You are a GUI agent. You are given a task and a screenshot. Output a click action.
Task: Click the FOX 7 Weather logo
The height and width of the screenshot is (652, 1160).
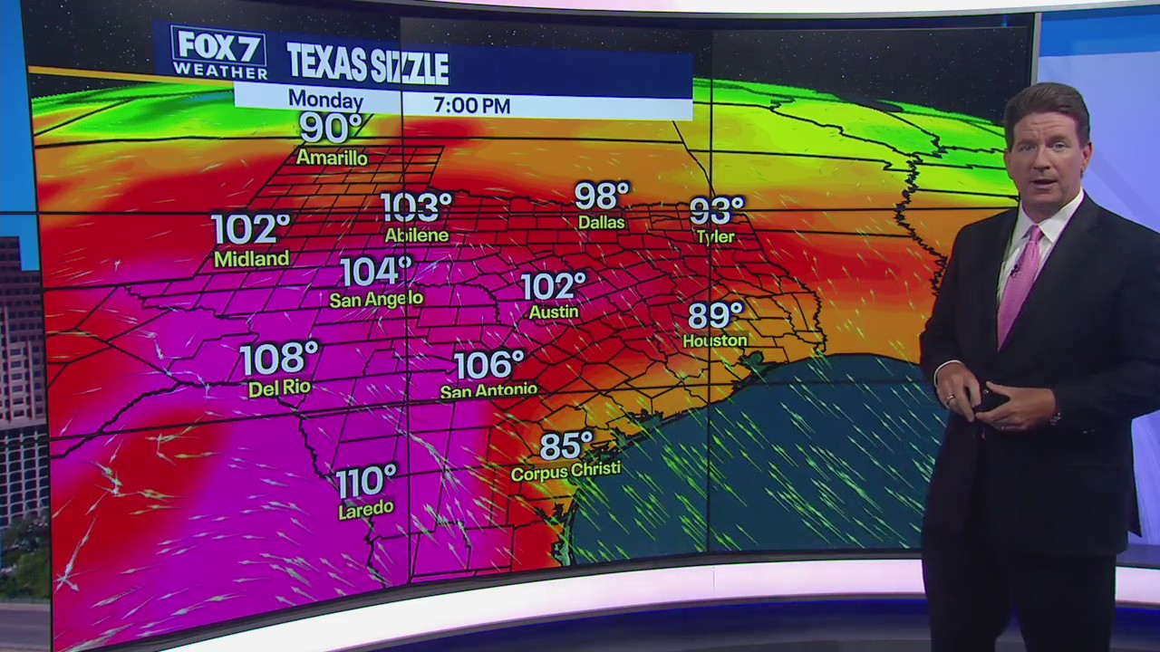click(218, 53)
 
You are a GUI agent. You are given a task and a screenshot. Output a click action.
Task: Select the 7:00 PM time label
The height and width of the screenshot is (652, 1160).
click(471, 105)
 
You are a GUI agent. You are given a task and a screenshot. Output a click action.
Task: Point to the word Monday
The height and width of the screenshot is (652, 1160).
click(325, 101)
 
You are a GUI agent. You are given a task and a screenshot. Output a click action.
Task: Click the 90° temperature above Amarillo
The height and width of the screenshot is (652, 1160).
click(330, 129)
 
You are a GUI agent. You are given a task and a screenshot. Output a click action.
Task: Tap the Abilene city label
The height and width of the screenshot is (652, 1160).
click(417, 235)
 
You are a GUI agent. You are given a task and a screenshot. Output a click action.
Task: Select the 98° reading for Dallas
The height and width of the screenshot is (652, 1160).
click(602, 196)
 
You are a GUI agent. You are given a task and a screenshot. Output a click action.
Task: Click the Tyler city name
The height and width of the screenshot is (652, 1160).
click(715, 236)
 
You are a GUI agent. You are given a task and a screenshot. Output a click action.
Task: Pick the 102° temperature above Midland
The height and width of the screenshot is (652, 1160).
click(250, 229)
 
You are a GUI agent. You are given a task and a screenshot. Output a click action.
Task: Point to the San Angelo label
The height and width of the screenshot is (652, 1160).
click(376, 298)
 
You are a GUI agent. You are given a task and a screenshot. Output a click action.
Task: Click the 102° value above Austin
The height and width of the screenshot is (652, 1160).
click(553, 286)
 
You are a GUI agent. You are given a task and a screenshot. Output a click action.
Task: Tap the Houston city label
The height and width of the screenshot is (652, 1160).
click(715, 340)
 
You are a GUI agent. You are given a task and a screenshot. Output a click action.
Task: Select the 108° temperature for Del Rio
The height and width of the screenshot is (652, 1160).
click(279, 359)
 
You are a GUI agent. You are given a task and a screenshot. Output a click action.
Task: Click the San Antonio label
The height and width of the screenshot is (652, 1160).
click(488, 391)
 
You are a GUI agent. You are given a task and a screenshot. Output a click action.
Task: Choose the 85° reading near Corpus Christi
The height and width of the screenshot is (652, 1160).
click(566, 446)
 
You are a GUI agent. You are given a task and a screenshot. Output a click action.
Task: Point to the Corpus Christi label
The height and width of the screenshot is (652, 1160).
click(565, 471)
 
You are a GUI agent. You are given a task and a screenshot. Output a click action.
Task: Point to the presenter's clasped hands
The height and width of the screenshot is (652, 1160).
click(997, 403)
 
